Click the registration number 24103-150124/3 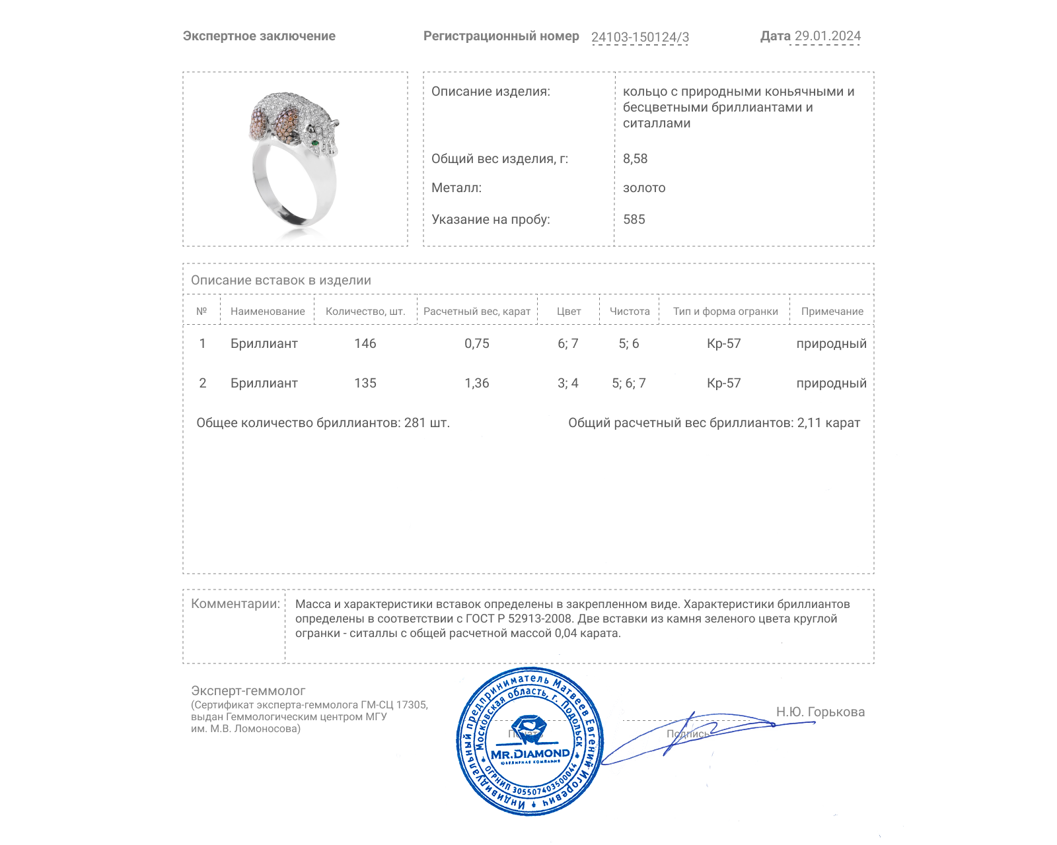(639, 37)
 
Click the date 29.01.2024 (827, 36)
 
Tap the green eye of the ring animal (316, 141)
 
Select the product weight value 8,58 (635, 158)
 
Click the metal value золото (644, 187)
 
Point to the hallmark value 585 (634, 219)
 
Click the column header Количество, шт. (365, 312)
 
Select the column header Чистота (630, 312)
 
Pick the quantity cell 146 (365, 343)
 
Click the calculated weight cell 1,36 (477, 383)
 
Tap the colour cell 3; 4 (567, 383)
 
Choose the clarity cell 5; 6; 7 (629, 383)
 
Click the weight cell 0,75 (477, 343)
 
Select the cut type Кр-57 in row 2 (724, 383)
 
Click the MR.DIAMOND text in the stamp (530, 754)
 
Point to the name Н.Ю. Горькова (820, 712)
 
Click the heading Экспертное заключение (259, 36)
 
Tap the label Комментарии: (235, 603)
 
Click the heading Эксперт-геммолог (248, 691)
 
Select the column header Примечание (832, 312)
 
